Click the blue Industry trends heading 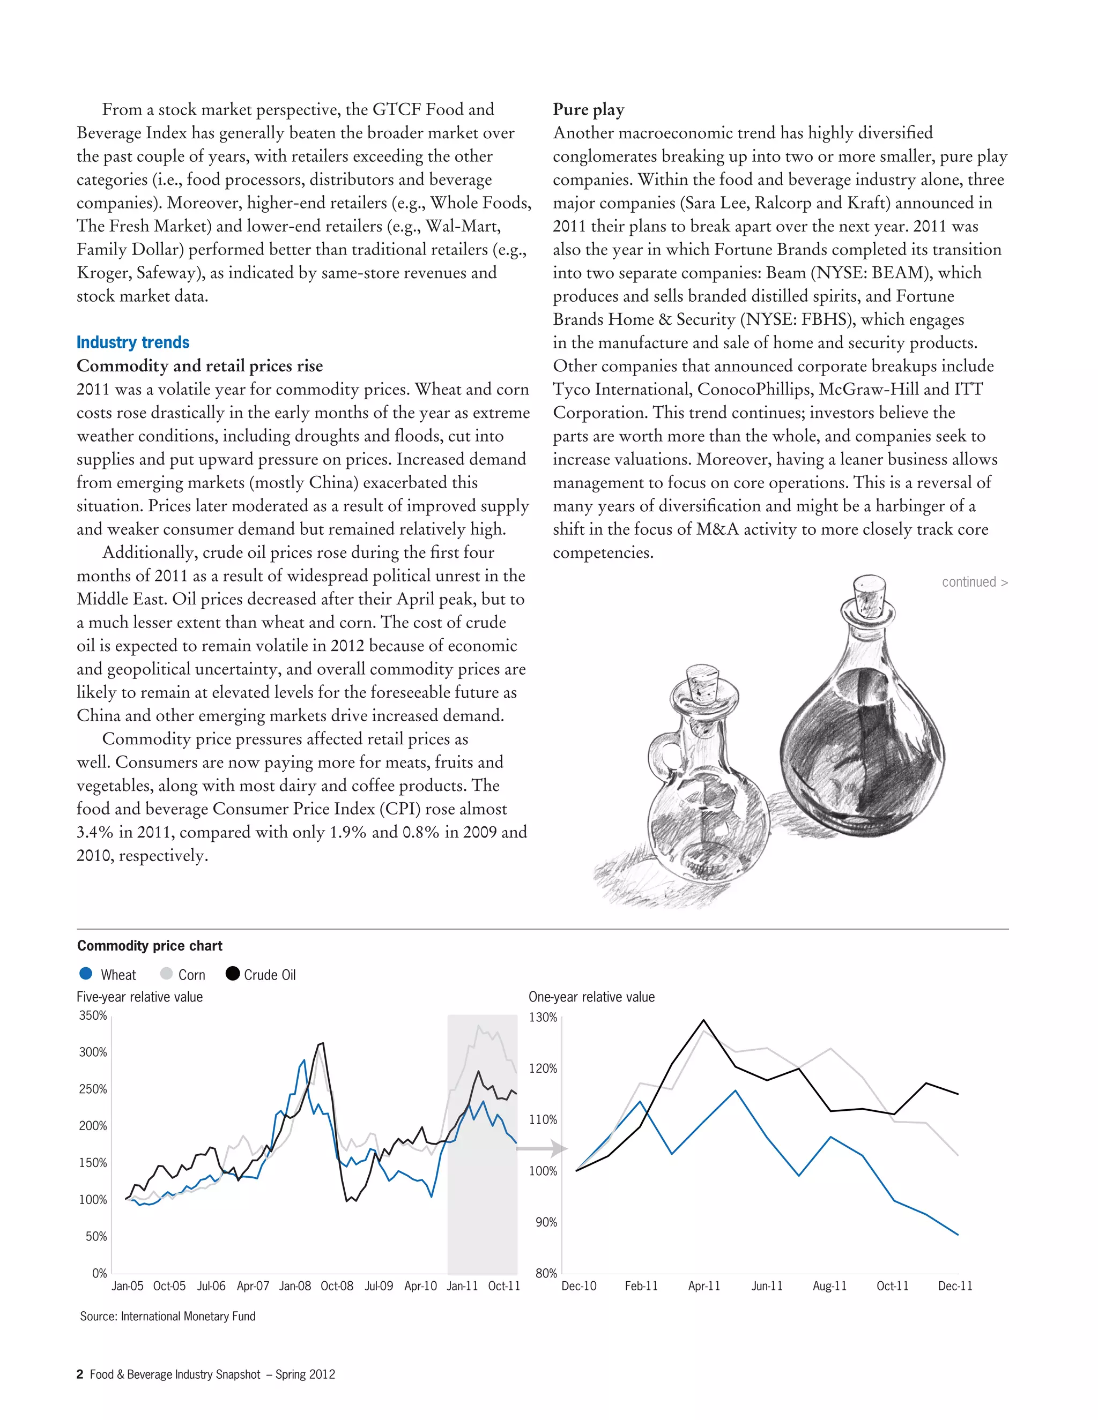click(x=133, y=342)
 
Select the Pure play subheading click(x=588, y=109)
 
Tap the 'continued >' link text click(x=974, y=582)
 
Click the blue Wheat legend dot click(x=85, y=973)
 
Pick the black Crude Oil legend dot click(x=232, y=973)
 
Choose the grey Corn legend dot click(x=167, y=973)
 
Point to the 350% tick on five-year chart click(x=93, y=1015)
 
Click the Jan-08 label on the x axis click(x=295, y=1286)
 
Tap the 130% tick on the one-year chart click(x=543, y=1018)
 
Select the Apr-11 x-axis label click(x=704, y=1286)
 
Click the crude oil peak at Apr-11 click(x=704, y=1020)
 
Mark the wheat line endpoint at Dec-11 click(x=958, y=1234)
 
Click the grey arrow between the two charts click(x=543, y=1149)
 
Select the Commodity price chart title click(x=150, y=945)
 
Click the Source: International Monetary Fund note click(x=167, y=1316)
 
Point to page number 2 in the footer click(x=80, y=1374)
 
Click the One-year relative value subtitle click(x=591, y=997)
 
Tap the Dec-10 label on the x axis click(x=578, y=1286)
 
